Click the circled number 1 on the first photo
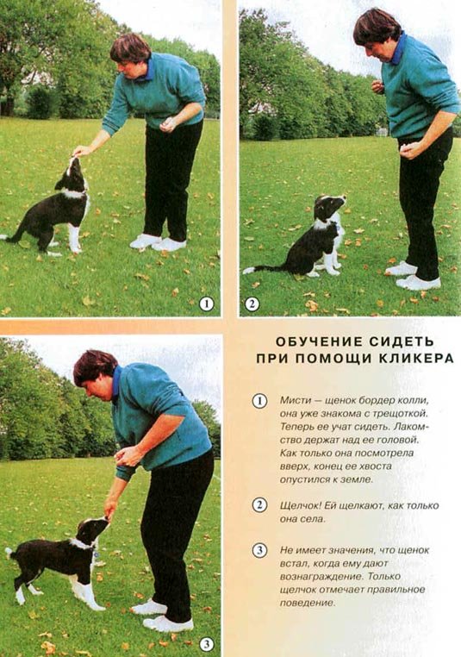206,303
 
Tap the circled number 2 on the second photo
252,303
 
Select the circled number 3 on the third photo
207,644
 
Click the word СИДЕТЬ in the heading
402,341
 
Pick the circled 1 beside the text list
259,401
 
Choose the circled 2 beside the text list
259,505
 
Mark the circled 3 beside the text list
259,550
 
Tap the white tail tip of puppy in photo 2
248,270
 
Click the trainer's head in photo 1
129,56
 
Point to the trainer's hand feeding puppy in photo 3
110,509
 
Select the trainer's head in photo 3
93,373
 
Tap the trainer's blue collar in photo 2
400,49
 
